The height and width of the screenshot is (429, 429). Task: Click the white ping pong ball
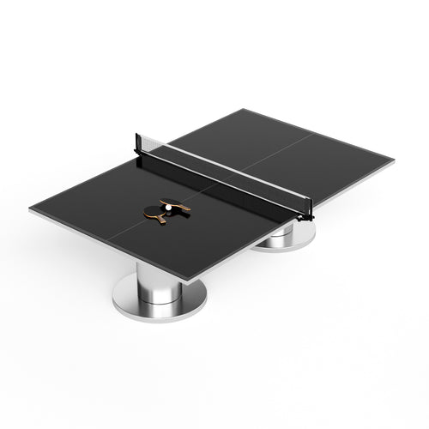168,208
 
